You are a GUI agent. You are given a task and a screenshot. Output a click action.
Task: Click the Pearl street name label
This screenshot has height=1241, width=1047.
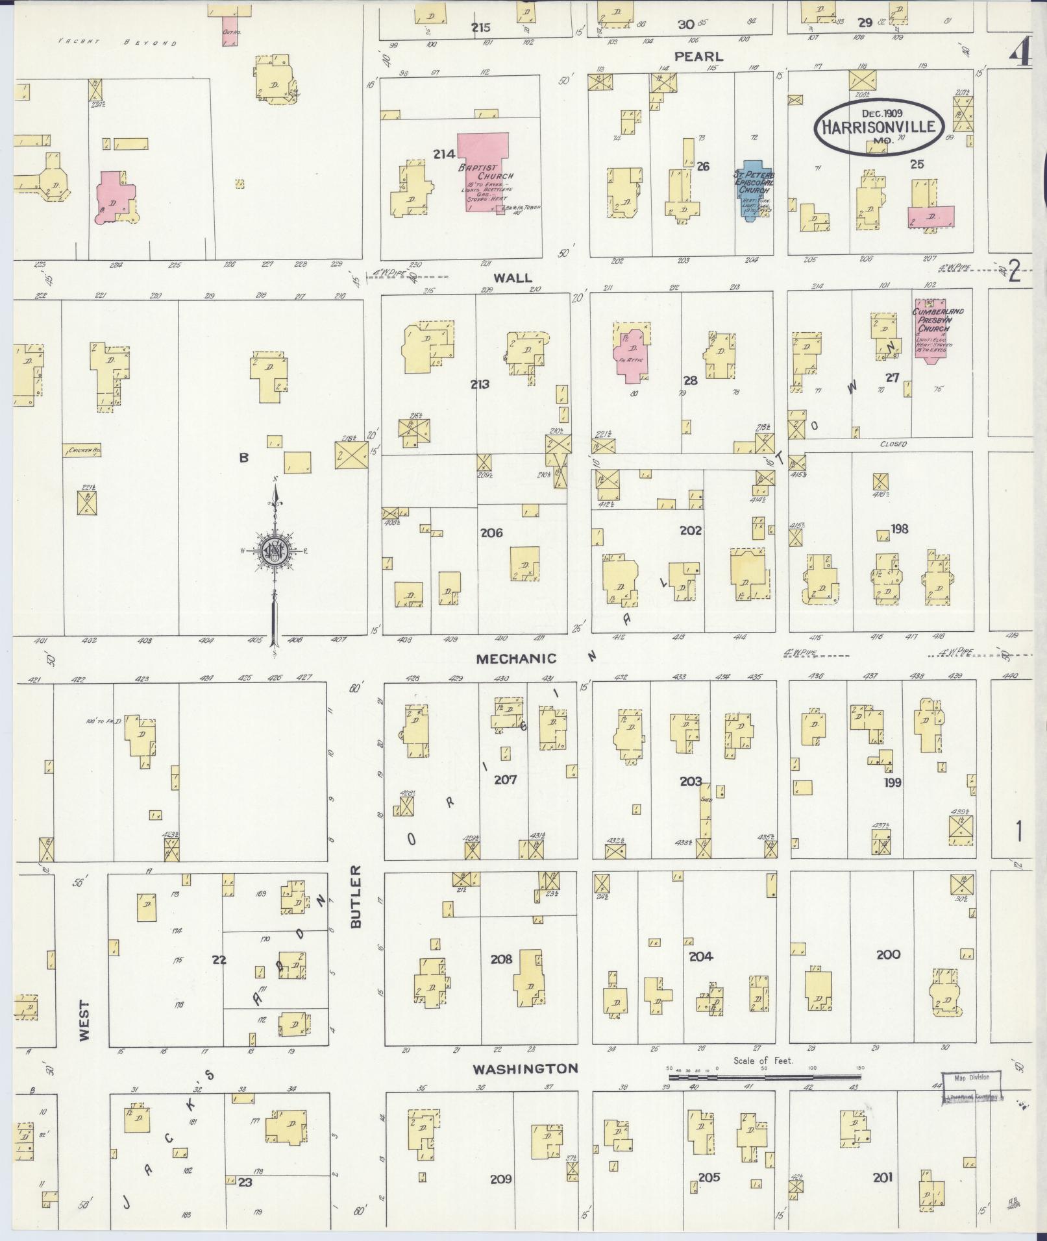click(698, 56)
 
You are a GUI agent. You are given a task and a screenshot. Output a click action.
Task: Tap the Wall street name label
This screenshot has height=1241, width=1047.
click(513, 278)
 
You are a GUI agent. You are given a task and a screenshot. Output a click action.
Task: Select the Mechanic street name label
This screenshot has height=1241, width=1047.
click(516, 659)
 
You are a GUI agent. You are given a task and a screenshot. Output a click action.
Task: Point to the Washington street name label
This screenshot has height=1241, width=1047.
click(525, 1068)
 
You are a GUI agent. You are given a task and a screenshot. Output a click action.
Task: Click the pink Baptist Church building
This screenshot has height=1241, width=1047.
click(484, 170)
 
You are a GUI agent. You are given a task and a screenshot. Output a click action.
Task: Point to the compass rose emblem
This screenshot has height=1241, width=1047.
click(275, 552)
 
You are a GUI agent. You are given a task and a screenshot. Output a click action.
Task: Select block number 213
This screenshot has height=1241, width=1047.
click(480, 385)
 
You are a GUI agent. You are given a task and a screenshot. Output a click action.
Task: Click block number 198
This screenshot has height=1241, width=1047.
click(899, 529)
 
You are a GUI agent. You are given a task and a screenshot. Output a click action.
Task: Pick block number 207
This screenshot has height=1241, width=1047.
click(505, 780)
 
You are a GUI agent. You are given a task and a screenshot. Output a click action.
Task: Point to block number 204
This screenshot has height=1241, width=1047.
click(701, 956)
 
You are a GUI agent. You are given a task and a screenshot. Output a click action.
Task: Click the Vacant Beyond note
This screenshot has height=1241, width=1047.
click(117, 42)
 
